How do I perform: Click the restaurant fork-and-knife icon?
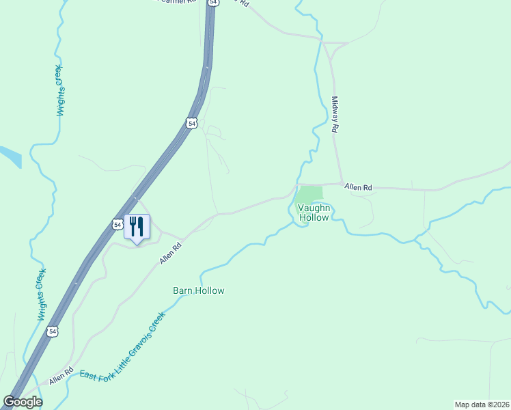(x=137, y=226)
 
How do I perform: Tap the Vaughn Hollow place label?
(x=314, y=213)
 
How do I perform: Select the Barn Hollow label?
(x=198, y=290)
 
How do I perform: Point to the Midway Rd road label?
(x=335, y=113)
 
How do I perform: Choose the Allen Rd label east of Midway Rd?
(x=358, y=187)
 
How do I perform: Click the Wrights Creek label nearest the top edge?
(x=59, y=90)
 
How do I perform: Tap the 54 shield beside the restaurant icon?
(x=117, y=224)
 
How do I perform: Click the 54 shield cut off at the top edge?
(x=214, y=3)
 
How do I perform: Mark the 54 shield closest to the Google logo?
(x=53, y=331)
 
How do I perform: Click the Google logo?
(x=23, y=402)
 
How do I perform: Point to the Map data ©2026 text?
(x=482, y=405)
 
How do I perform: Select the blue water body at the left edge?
(x=10, y=155)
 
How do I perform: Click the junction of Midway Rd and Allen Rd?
(x=340, y=183)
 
